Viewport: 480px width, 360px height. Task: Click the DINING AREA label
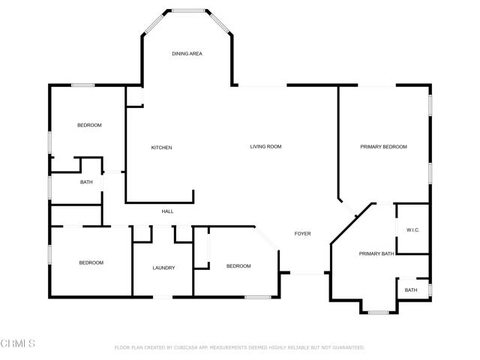tap(187, 54)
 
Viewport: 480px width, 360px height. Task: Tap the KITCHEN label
tap(161, 148)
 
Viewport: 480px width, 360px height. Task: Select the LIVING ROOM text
tap(265, 146)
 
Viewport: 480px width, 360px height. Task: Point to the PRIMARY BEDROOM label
tap(383, 147)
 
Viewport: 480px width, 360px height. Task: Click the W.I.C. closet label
tap(412, 229)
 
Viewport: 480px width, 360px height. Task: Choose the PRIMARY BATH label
tap(376, 253)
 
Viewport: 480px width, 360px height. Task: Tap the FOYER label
tap(302, 234)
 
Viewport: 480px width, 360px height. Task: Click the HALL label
tap(167, 211)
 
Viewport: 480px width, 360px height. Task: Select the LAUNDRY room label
tap(163, 268)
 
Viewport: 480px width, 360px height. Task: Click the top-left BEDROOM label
tap(89, 125)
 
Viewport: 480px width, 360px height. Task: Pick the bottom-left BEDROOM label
tap(91, 262)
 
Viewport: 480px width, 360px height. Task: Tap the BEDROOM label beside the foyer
tap(238, 266)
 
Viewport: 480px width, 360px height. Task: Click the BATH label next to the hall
tap(86, 182)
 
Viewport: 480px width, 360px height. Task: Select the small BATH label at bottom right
tap(411, 290)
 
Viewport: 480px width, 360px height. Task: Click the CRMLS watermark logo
tap(18, 344)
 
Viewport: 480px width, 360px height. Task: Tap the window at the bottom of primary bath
tap(376, 311)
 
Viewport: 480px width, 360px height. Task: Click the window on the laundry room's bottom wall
tap(163, 298)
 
